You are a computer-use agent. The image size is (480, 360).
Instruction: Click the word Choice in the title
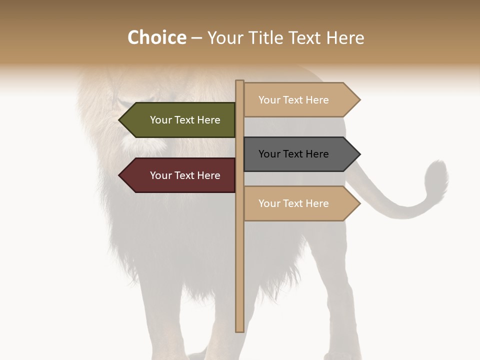[x=156, y=37]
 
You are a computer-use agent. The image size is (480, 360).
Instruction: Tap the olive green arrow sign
[x=180, y=120]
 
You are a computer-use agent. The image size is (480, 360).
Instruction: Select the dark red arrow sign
[x=180, y=175]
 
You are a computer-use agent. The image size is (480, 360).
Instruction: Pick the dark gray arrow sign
[x=298, y=154]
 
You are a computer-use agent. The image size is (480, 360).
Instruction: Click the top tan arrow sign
[x=298, y=100]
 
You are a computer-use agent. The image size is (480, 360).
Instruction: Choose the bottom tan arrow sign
[x=298, y=203]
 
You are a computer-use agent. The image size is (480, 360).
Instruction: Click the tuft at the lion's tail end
[x=436, y=177]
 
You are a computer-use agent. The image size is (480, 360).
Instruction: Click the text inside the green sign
[x=185, y=120]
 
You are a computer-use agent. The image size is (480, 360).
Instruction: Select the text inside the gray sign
[x=293, y=154]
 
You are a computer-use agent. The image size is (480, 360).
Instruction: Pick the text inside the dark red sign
[x=185, y=175]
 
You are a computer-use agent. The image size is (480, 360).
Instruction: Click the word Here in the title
[x=345, y=37]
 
